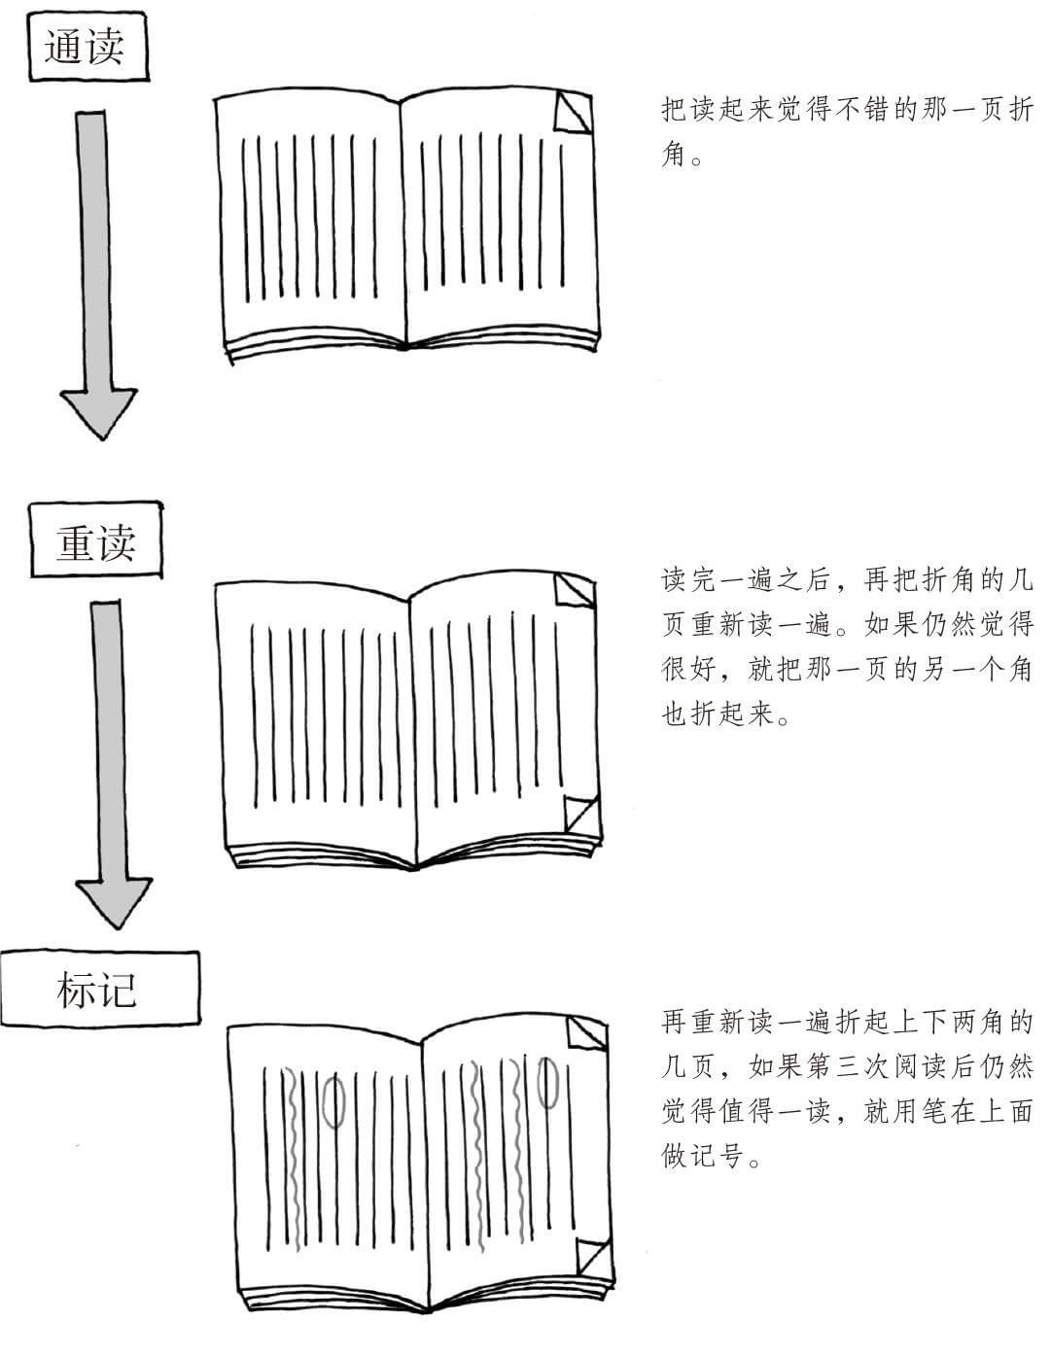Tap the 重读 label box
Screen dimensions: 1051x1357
click(95, 540)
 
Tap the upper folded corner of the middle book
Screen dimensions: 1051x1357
click(575, 591)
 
